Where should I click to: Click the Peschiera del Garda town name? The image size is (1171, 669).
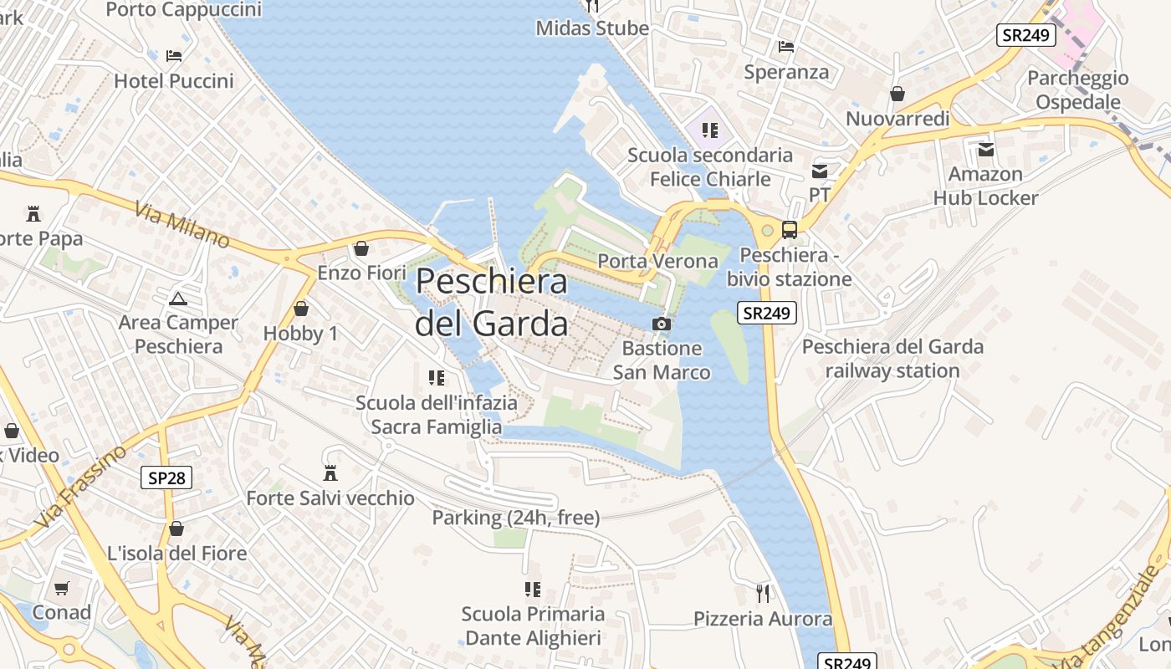point(492,302)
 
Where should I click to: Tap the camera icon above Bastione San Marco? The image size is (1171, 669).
point(661,324)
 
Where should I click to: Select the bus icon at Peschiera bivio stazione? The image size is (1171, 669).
point(789,229)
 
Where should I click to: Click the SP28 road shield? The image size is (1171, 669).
point(166,477)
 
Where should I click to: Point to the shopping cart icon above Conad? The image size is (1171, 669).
point(61,588)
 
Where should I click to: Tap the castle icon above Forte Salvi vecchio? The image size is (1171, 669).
point(330,473)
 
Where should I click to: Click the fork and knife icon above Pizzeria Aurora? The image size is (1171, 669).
point(762,593)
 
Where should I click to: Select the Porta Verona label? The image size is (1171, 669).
point(657,261)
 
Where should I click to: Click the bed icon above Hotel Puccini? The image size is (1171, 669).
point(174,56)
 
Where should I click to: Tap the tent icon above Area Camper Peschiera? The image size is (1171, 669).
point(177,299)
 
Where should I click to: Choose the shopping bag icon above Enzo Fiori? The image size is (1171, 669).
point(361,248)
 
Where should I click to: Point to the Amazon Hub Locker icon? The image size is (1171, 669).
point(986,150)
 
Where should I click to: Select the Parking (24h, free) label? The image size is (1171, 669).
point(515,518)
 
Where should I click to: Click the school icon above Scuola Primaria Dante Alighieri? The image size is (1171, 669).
point(533,590)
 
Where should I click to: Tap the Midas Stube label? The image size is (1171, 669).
point(592,28)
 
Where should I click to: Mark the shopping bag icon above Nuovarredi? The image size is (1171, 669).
point(897,94)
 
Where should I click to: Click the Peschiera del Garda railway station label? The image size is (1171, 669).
point(892,358)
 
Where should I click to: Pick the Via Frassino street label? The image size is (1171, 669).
point(81,487)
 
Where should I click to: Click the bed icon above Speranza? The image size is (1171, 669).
point(785,47)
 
